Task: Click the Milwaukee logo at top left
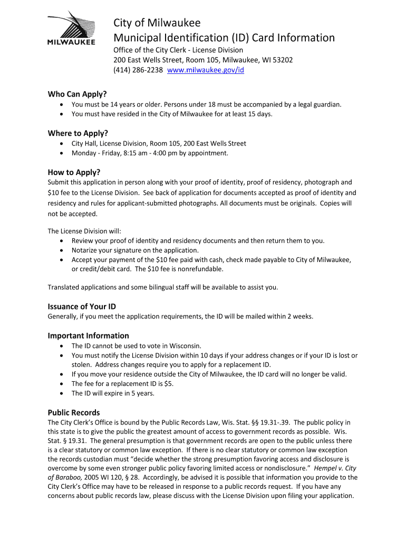[x=71, y=28]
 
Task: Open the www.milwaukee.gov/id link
[x=205, y=70]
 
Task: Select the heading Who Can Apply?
[x=77, y=94]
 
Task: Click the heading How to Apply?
[x=74, y=172]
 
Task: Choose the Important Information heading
[x=88, y=335]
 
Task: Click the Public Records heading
[x=74, y=412]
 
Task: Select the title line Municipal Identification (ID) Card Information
[x=225, y=37]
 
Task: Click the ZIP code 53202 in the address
[x=282, y=60]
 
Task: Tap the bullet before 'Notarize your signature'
[x=62, y=250]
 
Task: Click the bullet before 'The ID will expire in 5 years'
[x=62, y=393]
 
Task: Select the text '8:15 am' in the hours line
[x=138, y=153]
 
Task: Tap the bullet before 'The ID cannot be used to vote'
[x=62, y=346]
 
